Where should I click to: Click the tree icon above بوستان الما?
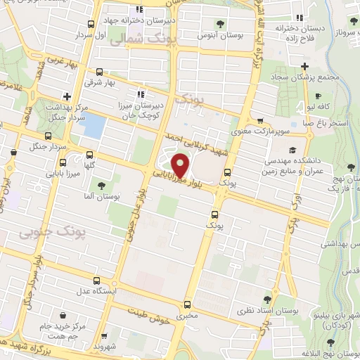(x=103, y=185)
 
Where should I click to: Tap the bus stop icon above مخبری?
(x=187, y=305)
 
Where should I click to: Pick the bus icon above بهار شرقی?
(x=98, y=72)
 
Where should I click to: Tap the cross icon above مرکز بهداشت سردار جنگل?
(x=66, y=96)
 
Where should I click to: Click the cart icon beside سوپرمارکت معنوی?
(x=261, y=120)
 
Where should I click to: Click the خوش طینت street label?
(x=150, y=315)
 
